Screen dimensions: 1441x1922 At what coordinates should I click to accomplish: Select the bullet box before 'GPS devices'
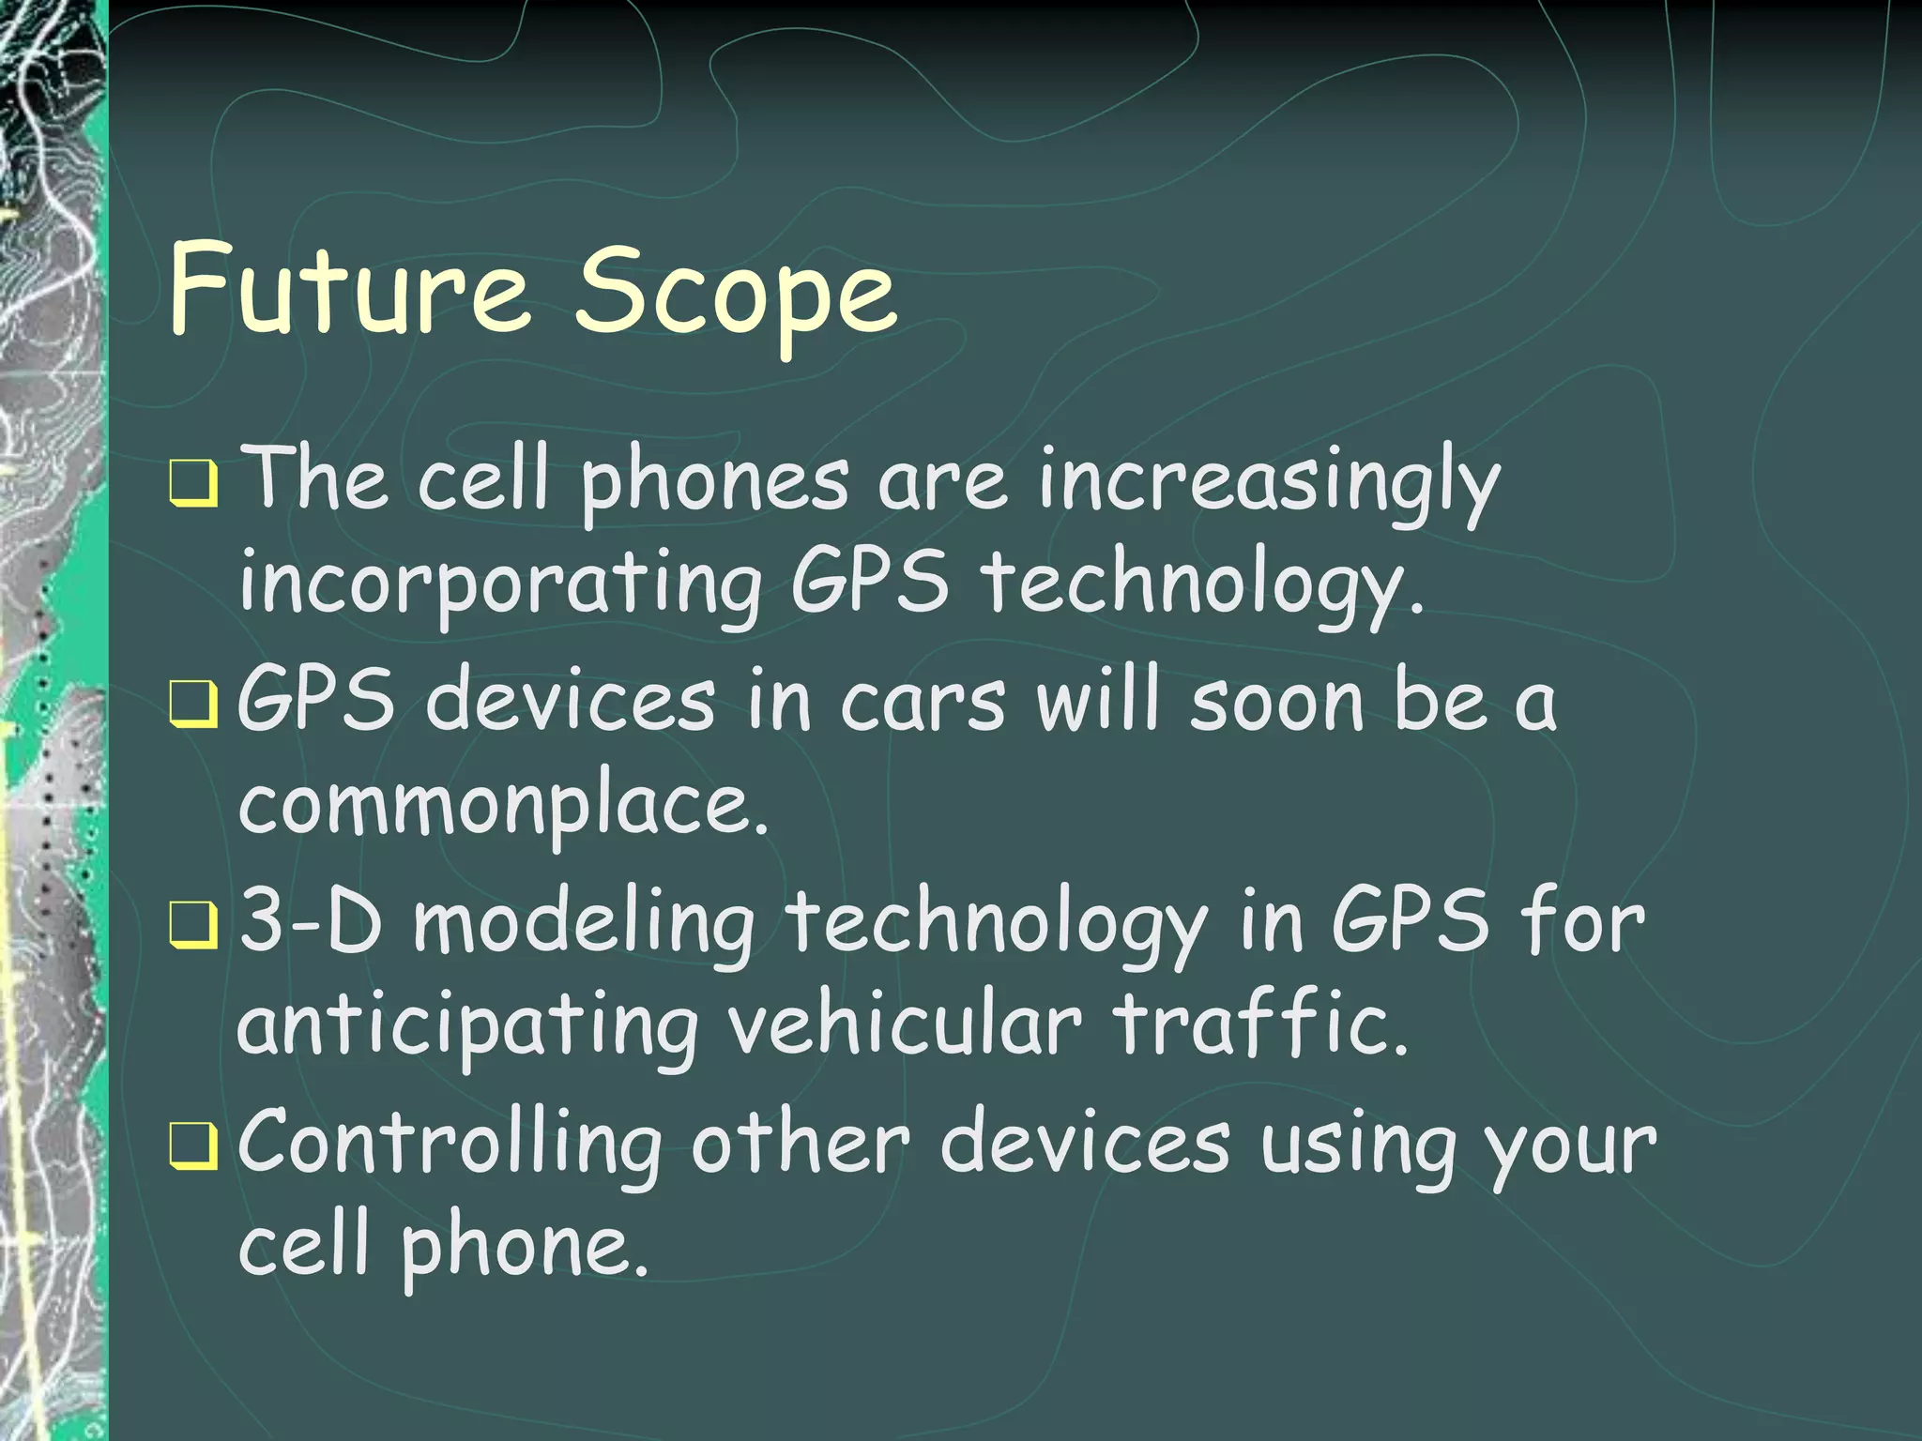(x=194, y=705)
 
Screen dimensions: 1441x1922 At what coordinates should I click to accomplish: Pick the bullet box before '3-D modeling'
(x=194, y=927)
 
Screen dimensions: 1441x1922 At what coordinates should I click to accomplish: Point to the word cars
(x=923, y=704)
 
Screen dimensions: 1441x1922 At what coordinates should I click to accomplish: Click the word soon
(x=1276, y=704)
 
